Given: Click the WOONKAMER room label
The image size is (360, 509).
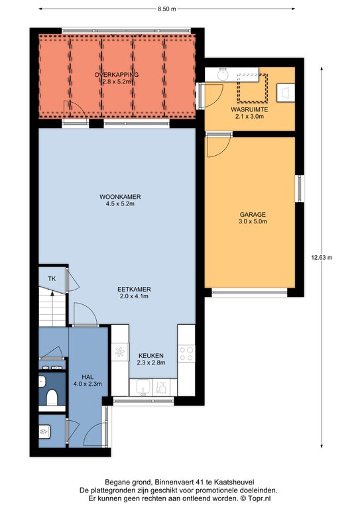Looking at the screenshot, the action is coord(120,197).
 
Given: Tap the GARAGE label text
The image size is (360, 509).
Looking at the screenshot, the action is coord(253,214).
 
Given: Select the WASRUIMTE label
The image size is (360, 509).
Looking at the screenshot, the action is coord(249,109).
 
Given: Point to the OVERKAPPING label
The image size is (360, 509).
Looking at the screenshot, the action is coord(117,75).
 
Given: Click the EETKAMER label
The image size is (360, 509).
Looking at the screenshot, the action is coord(134,289).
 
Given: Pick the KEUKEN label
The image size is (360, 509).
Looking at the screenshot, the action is coord(151,355).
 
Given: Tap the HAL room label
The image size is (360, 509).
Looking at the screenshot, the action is coord(88,377).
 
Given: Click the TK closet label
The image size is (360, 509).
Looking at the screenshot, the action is coord(52,278).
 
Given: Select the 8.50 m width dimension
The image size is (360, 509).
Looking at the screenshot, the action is coord(167,9).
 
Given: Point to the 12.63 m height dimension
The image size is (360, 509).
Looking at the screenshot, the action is coord(322,258).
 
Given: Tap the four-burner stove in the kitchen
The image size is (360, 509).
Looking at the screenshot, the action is coord(186,353).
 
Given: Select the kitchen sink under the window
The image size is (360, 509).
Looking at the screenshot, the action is coord(143,387).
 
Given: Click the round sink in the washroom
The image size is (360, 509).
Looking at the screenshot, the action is coord(222,75).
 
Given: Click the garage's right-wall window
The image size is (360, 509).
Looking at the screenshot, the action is coord(300,188).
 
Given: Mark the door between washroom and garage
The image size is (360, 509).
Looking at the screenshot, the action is coord(219,145).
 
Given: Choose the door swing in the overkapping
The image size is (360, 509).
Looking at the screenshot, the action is coord(75,112).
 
